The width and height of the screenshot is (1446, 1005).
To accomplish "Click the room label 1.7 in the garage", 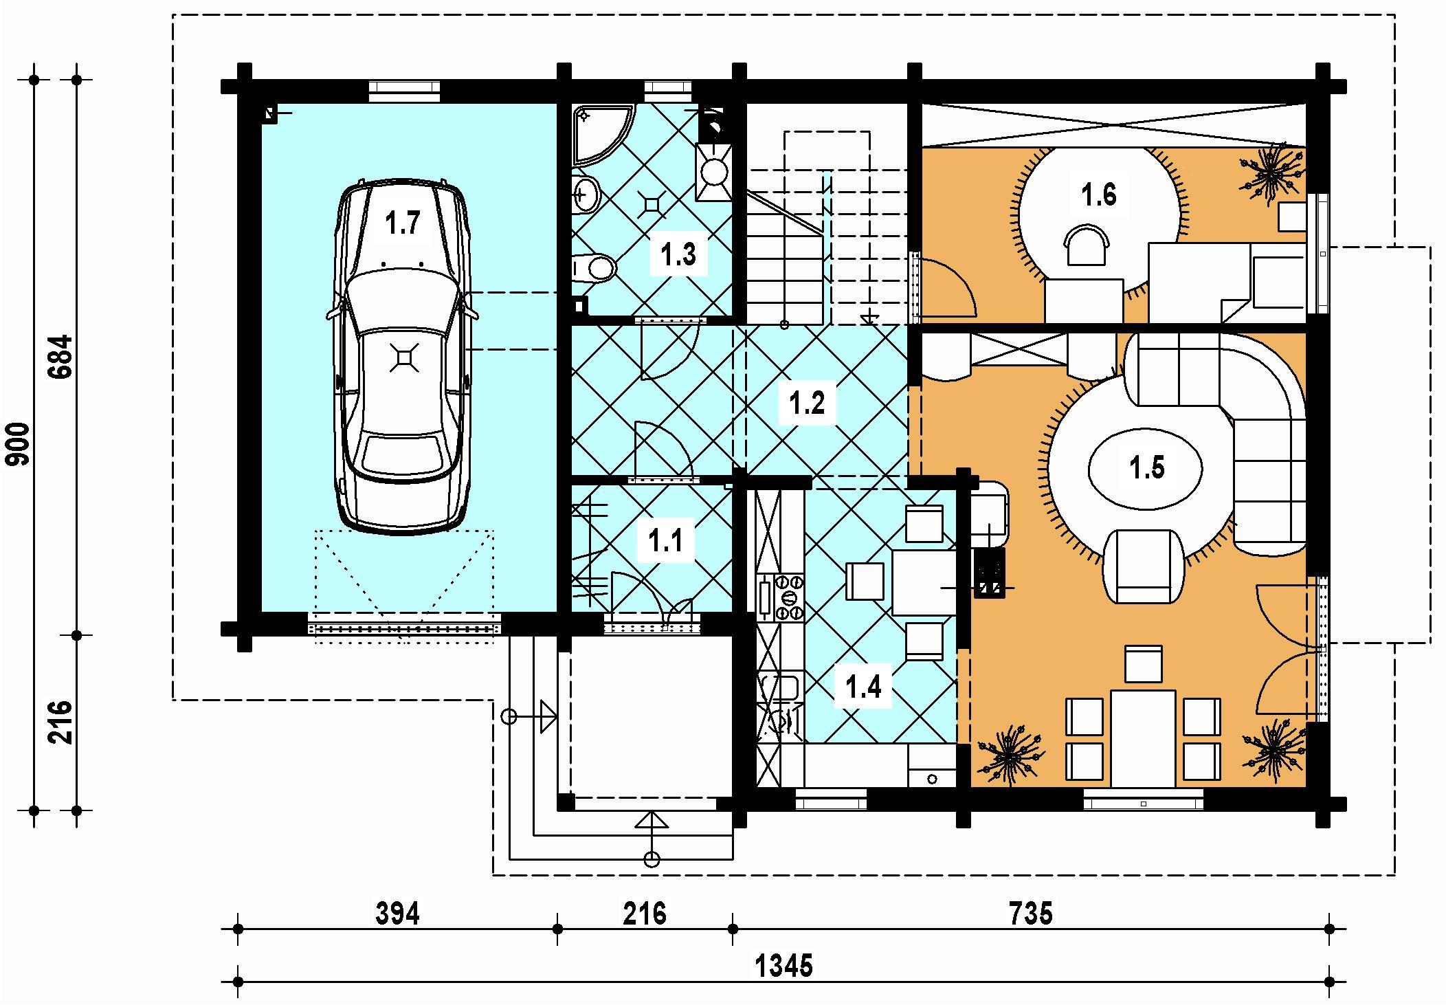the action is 402,224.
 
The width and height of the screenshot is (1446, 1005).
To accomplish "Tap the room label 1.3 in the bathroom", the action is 678,255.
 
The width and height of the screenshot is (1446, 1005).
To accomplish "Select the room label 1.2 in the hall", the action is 806,403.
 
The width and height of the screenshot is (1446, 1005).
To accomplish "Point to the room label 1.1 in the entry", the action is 666,541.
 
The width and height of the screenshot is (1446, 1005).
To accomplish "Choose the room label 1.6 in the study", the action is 1098,195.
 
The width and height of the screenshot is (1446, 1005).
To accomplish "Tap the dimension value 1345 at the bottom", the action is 784,967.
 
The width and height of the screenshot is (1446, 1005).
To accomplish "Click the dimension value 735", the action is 1031,914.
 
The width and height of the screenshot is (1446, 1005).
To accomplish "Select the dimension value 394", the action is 398,914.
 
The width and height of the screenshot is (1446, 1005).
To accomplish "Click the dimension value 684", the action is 61,357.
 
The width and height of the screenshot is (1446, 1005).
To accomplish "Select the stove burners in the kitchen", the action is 789,597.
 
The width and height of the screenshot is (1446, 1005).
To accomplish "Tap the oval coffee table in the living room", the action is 1146,467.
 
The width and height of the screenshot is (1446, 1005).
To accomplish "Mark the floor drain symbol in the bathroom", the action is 652,203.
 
